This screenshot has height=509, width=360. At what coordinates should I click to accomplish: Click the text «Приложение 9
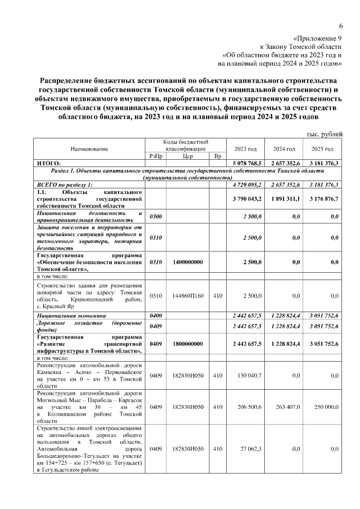318,38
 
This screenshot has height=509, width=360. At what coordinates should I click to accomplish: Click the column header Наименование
89,149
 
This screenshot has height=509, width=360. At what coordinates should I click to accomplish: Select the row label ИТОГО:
49,163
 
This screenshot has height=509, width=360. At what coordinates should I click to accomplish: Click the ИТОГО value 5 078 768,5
246,163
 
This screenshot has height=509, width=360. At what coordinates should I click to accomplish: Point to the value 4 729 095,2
246,184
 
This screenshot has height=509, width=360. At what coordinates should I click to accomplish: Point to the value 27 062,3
250,449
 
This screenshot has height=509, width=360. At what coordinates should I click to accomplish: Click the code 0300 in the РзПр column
156,217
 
